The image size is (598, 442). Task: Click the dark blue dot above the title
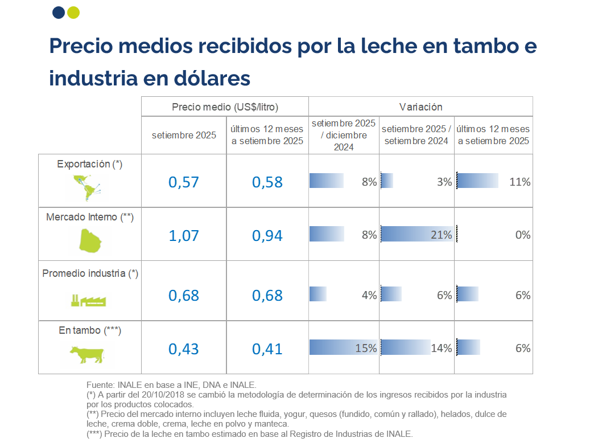click(x=58, y=13)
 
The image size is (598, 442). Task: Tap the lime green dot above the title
click(x=73, y=13)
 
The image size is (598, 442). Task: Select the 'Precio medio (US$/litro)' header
click(x=225, y=107)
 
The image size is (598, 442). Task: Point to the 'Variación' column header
click(x=420, y=107)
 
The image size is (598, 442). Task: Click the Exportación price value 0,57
click(x=184, y=182)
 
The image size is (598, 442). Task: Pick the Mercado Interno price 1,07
click(x=184, y=235)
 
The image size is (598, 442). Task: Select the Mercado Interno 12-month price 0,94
click(x=267, y=235)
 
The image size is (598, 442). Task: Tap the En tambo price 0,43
click(x=184, y=348)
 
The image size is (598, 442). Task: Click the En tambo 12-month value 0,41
click(x=267, y=348)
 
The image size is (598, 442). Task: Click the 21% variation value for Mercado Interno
click(x=441, y=235)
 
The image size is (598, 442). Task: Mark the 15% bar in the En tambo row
click(x=343, y=348)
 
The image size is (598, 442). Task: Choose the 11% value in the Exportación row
click(x=520, y=182)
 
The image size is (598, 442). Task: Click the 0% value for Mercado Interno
click(x=522, y=235)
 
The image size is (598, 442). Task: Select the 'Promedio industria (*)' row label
click(x=90, y=273)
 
